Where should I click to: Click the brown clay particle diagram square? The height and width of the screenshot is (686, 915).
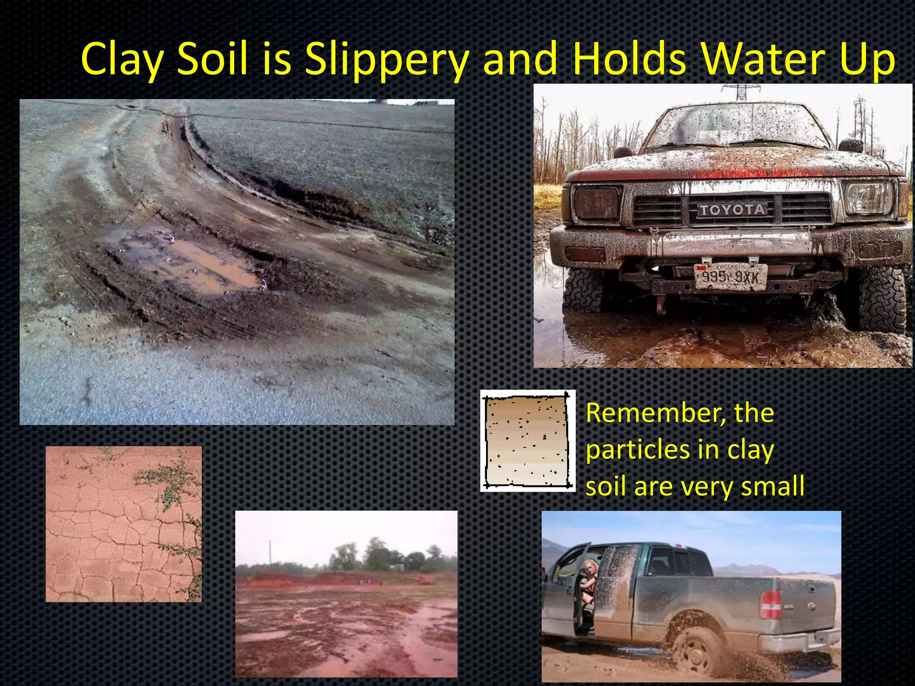pos(527,441)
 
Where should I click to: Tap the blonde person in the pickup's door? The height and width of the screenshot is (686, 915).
pos(588,581)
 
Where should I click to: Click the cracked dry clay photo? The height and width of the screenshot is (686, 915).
pos(123,523)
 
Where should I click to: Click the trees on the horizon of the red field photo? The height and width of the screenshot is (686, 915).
pos(380,556)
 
